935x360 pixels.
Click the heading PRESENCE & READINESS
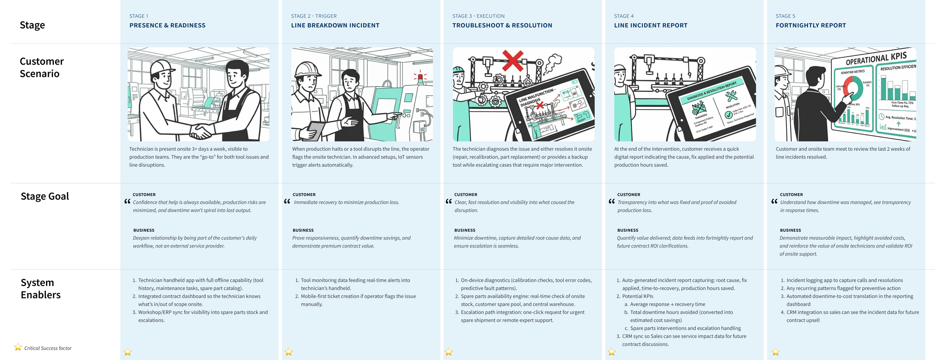[167, 25]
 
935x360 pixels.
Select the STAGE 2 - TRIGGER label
[313, 16]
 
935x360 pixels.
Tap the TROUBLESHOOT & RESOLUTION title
[502, 25]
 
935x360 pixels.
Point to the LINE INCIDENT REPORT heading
[650, 25]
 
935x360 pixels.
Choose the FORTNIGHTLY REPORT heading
[810, 25]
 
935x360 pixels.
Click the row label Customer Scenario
[42, 67]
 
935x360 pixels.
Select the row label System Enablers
[40, 289]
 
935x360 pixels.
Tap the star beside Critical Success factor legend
[18, 347]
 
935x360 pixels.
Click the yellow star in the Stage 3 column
[448, 352]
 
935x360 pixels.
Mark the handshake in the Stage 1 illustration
[201, 131]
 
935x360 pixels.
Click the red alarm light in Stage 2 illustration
[420, 77]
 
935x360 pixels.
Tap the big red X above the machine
[512, 61]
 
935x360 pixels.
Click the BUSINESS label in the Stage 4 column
[628, 230]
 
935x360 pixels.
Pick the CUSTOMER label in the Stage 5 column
[791, 195]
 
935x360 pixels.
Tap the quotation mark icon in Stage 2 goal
[287, 202]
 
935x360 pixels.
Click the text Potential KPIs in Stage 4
[637, 296]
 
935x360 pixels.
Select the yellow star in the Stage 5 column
[775, 352]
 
